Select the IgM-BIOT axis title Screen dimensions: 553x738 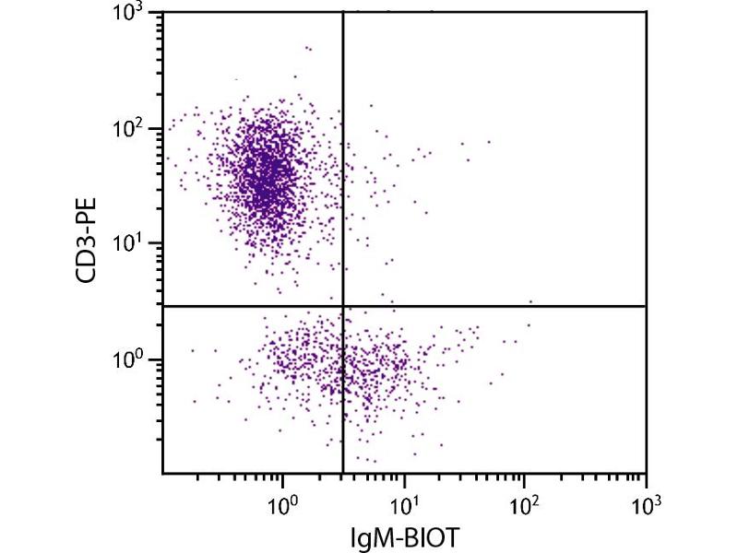[x=404, y=535]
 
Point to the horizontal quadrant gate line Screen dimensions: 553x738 [x=498, y=306]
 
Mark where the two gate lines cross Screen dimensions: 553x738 [x=343, y=306]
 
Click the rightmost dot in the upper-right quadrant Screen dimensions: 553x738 [x=531, y=301]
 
